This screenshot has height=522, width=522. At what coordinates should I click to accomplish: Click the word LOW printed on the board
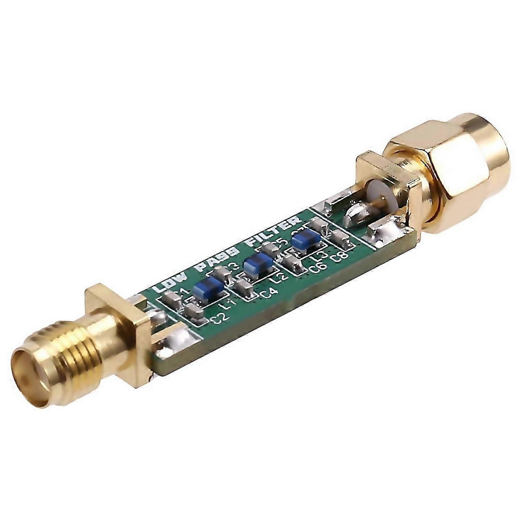[x=170, y=285]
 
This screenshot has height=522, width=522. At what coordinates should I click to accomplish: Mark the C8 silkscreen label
[x=340, y=256]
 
